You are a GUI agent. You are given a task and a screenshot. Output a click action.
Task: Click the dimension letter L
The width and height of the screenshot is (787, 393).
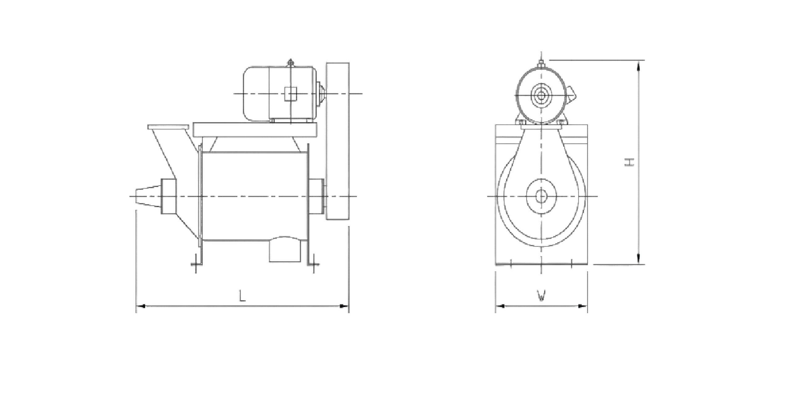click(x=242, y=296)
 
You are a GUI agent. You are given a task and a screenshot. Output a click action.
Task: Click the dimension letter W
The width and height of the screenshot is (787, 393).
click(x=541, y=296)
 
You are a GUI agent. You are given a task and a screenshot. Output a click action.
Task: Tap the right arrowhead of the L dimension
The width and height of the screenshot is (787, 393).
click(x=344, y=306)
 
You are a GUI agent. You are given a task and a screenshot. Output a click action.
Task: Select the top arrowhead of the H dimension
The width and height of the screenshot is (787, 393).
click(x=639, y=65)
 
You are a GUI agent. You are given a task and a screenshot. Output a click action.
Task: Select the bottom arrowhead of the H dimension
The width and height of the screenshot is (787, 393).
click(x=639, y=259)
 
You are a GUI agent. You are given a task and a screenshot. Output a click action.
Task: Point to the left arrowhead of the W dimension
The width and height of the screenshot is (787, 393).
click(x=500, y=306)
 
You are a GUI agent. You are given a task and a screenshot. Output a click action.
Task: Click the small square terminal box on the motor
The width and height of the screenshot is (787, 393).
click(x=290, y=93)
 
